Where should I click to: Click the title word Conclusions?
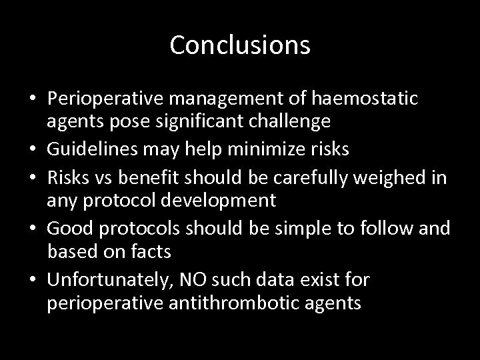tap(240, 45)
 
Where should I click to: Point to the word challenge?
tap(291, 122)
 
